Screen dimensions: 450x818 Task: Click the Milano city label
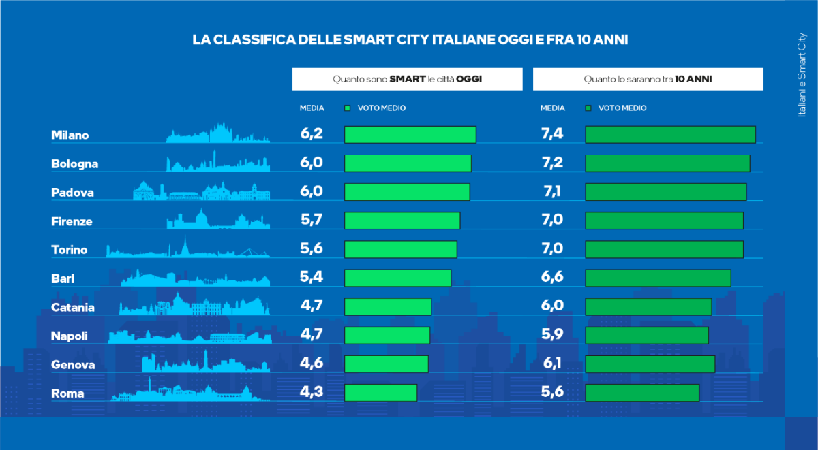click(x=70, y=135)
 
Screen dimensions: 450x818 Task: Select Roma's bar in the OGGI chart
click(x=380, y=393)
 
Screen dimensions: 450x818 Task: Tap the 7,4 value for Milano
click(x=552, y=134)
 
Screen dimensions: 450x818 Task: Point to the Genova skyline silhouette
click(x=205, y=364)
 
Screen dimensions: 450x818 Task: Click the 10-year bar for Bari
click(x=658, y=278)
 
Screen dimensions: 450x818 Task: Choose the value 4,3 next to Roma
click(x=312, y=393)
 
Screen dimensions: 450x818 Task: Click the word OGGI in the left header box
click(x=469, y=79)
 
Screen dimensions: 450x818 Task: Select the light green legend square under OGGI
click(x=348, y=108)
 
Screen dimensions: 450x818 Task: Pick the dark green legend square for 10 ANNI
click(x=588, y=108)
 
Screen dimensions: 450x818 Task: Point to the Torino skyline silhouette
click(x=187, y=249)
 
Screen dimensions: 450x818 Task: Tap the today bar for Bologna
click(x=408, y=163)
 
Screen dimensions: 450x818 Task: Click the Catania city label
click(x=73, y=308)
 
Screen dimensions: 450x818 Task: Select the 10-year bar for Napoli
click(x=647, y=336)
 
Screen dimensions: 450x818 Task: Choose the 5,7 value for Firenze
click(x=312, y=221)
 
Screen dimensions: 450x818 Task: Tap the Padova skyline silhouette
click(x=201, y=192)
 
